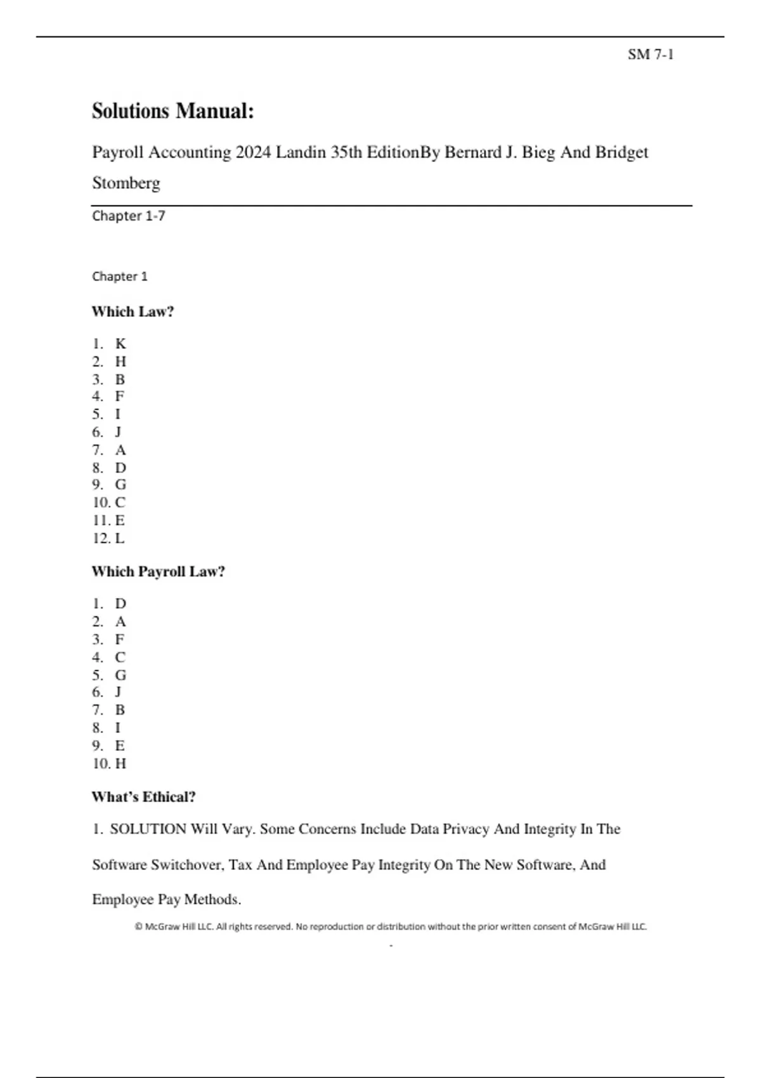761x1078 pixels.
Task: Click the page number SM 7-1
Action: coord(650,55)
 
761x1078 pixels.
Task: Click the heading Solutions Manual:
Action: coord(172,111)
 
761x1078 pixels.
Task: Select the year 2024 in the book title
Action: coord(253,152)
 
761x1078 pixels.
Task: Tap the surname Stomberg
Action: coord(126,183)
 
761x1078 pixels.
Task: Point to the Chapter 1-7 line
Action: coord(128,216)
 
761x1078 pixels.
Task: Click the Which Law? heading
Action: coord(133,311)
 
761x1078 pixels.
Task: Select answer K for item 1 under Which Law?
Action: coord(120,344)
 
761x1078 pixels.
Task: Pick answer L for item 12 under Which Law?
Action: coord(120,538)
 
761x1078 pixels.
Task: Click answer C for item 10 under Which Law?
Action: coord(120,502)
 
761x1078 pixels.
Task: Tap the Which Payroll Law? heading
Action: coord(158,571)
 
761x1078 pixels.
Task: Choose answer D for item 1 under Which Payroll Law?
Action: coord(120,604)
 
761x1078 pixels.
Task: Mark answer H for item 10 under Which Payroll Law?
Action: coord(120,763)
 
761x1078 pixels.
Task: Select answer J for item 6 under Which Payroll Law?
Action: coord(118,692)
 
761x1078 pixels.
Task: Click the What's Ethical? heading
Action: coord(143,796)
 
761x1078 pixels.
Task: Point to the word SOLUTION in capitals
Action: coord(148,829)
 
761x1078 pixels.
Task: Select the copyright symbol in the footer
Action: coord(138,926)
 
